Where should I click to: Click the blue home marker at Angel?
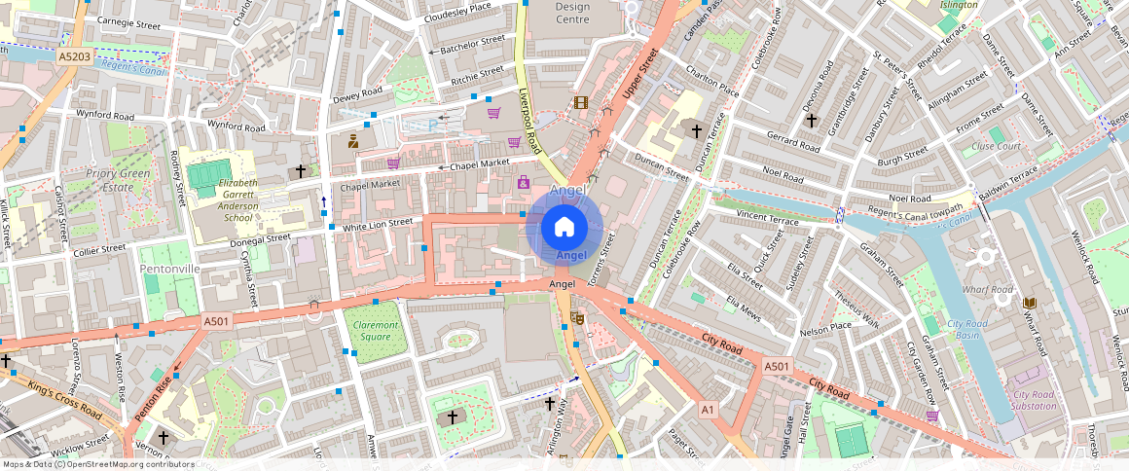[564, 228]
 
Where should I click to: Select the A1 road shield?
[708, 411]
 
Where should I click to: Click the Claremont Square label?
[376, 331]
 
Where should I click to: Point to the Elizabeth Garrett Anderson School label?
[225, 199]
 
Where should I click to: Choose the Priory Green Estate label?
[123, 180]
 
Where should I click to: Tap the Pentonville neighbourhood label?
[169, 268]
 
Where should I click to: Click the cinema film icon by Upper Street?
[581, 102]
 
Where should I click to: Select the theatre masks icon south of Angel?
[577, 318]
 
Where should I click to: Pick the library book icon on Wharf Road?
[1030, 303]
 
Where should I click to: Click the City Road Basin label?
[968, 330]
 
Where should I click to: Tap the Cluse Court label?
[996, 147]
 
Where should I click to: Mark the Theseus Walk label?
[856, 310]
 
